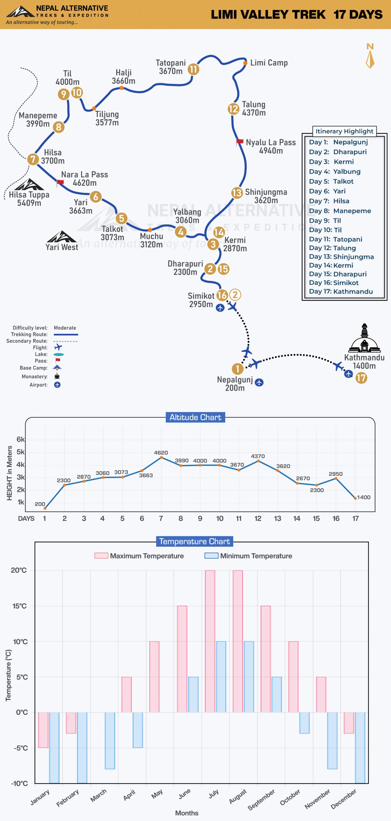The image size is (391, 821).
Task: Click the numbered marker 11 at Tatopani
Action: (193, 69)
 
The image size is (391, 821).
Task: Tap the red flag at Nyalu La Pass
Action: (239, 142)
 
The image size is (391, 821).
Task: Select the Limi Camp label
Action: (269, 63)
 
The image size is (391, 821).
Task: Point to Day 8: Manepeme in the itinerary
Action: (340, 211)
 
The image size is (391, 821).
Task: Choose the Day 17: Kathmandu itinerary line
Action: (341, 292)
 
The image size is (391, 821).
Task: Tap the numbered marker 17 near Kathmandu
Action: (361, 378)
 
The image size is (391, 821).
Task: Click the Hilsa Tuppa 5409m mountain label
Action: (29, 199)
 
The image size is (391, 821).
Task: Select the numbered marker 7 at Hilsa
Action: (33, 159)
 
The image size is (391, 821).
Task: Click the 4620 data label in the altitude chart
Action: (161, 453)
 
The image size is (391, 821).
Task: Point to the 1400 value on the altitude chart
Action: (364, 497)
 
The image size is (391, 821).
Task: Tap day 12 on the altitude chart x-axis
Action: (258, 519)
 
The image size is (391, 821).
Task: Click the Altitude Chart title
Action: (195, 417)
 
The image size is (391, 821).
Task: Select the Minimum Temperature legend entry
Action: (248, 556)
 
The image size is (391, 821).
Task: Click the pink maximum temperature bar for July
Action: (210, 641)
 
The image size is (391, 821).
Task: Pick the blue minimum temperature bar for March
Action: (110, 741)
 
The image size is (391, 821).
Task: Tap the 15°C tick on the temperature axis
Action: (20, 606)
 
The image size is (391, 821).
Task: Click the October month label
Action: (290, 797)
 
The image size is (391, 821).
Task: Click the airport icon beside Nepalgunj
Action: (259, 382)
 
